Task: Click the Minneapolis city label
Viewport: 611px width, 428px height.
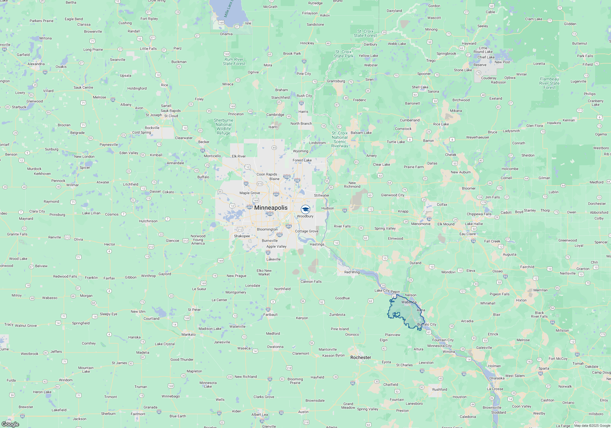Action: pos(271,208)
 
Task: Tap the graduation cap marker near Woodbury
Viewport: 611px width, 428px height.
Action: pos(305,209)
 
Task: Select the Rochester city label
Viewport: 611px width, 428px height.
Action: pos(360,357)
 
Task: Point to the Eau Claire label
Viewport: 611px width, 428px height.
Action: pos(467,234)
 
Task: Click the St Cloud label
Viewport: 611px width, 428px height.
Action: pos(171,116)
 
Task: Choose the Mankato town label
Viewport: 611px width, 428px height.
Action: pos(188,334)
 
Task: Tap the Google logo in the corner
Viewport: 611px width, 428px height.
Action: pos(10,424)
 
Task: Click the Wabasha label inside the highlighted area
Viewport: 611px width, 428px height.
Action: pos(409,302)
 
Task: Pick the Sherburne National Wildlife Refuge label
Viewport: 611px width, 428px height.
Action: pos(223,127)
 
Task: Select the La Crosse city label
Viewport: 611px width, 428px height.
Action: pos(495,389)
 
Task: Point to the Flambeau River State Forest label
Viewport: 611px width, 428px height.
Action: pos(549,83)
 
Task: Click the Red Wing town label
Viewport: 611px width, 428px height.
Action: pos(352,272)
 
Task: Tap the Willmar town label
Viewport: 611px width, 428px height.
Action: pos(72,185)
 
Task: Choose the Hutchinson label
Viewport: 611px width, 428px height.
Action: pos(148,221)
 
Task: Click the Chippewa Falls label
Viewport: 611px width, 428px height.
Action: pos(479,214)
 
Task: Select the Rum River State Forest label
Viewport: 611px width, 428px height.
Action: pos(234,61)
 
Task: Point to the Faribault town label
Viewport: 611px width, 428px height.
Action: pos(270,315)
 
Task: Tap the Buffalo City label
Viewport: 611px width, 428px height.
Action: pos(426,324)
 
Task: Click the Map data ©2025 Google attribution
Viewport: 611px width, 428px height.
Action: pos(592,426)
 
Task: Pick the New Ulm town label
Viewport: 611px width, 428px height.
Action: pos(138,312)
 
